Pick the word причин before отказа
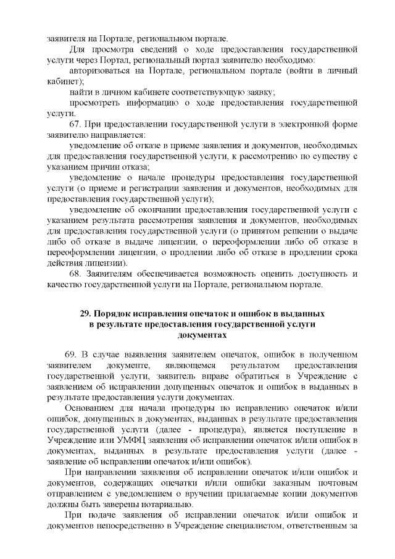point(104,167)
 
